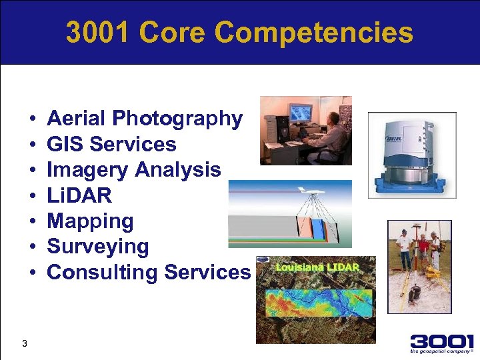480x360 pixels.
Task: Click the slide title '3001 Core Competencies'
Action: (x=239, y=33)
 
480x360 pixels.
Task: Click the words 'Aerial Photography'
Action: (x=145, y=119)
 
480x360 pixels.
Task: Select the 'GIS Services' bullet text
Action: (x=111, y=144)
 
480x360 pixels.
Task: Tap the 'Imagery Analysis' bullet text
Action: (x=133, y=170)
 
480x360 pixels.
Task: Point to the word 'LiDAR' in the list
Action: (x=79, y=195)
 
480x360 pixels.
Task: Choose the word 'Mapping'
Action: (x=90, y=221)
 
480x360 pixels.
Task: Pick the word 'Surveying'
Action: (x=98, y=247)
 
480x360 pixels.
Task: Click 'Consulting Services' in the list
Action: (x=149, y=272)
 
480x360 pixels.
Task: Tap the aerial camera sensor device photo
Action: (x=411, y=155)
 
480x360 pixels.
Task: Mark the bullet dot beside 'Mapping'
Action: (x=33, y=221)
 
